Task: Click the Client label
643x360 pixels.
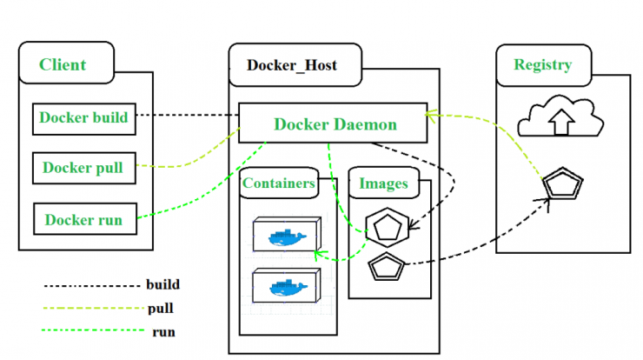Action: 63,64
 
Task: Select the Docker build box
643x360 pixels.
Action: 84,119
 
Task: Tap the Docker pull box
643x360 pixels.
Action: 84,169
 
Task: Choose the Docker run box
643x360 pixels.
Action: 85,219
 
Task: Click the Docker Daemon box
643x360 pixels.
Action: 333,123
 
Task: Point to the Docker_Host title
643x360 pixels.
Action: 292,65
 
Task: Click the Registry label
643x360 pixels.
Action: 542,64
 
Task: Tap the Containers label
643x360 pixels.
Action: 278,183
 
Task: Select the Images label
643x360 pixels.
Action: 383,183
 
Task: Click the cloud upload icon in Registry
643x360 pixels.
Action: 560,117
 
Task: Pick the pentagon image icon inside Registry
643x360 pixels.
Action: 563,183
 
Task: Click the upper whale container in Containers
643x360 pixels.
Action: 287,235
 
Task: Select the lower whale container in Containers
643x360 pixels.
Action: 287,285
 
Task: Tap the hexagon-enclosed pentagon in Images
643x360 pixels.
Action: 388,228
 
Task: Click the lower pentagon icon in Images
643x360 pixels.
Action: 387,266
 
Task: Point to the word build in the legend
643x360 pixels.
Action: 162,284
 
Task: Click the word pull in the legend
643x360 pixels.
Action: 161,309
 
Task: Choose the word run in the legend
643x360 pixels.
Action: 163,331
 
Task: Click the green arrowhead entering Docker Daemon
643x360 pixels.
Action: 431,116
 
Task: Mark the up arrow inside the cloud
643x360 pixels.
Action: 561,122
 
